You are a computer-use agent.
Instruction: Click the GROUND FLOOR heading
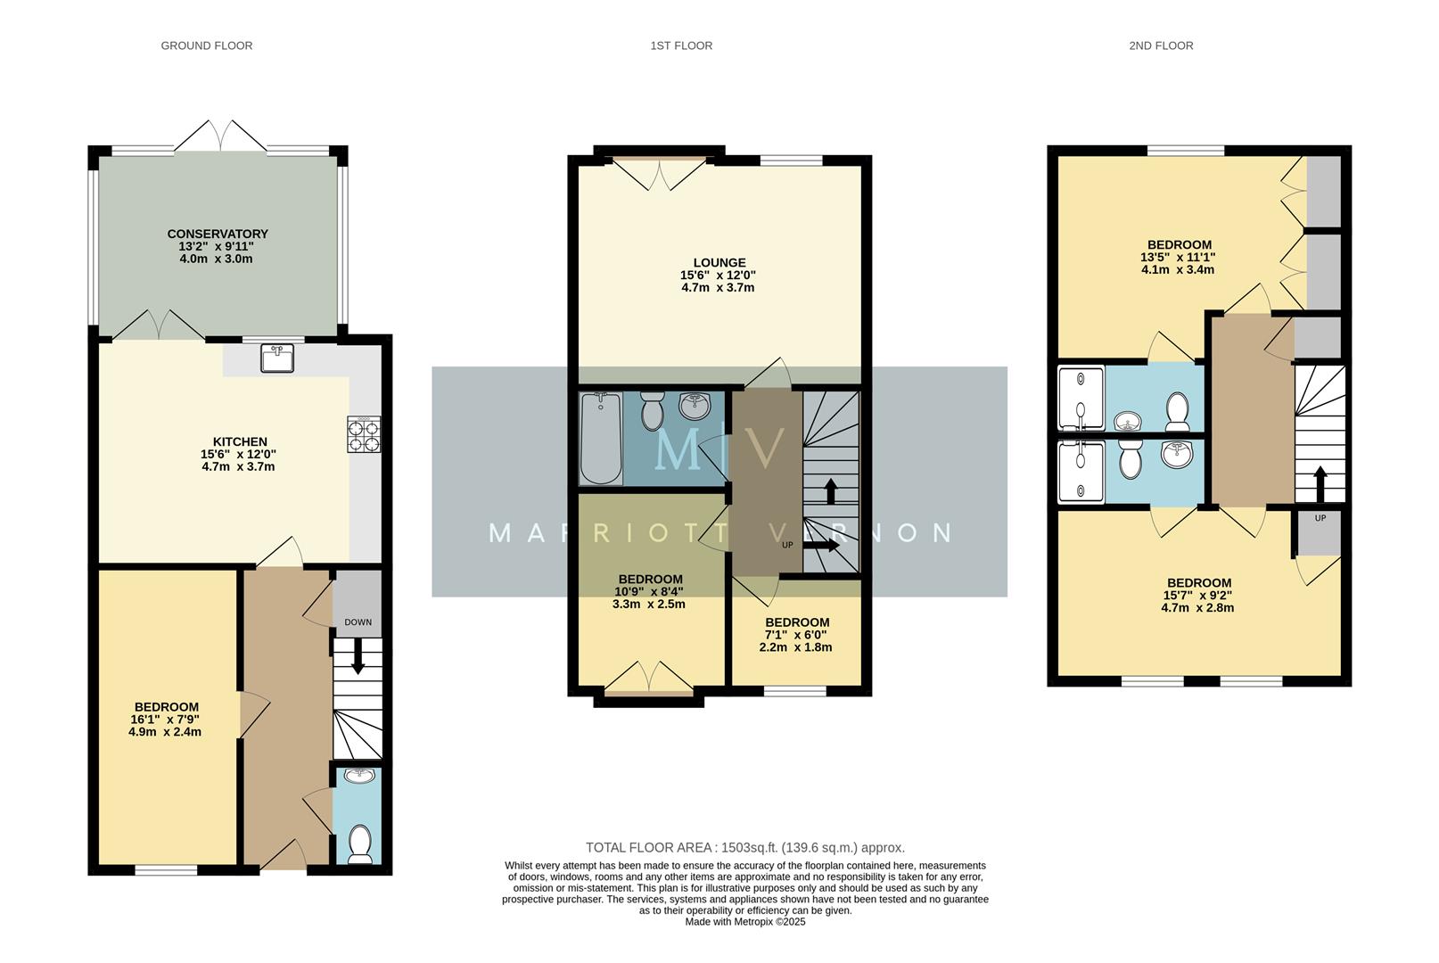[x=206, y=45]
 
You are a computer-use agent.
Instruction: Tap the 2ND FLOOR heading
[x=1160, y=45]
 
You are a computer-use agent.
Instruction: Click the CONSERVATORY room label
[x=217, y=234]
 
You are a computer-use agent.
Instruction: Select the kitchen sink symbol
[x=277, y=358]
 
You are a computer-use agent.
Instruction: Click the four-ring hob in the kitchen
[x=364, y=434]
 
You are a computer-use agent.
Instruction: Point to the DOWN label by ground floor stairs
[x=358, y=622]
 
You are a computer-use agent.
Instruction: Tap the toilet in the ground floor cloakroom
[x=359, y=844]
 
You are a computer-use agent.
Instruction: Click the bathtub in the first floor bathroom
[x=599, y=438]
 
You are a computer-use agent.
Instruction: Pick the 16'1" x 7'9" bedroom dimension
[x=165, y=720]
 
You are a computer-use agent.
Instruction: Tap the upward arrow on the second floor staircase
[x=1320, y=484]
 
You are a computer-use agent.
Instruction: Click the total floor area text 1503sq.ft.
[x=744, y=848]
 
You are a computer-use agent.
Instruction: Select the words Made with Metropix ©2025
[x=744, y=922]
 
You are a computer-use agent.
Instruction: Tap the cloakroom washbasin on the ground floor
[x=359, y=776]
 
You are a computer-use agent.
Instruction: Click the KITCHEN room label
[x=239, y=441]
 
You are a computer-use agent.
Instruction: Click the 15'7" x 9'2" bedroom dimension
[x=1196, y=596]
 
